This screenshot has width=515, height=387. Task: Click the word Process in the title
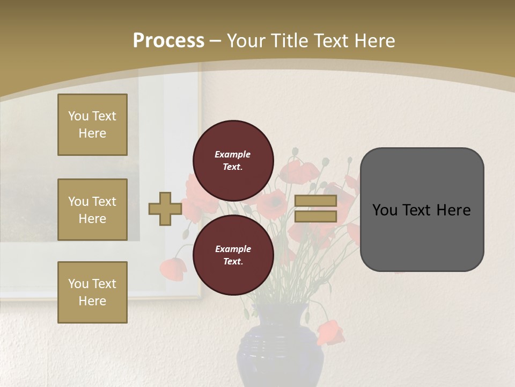tap(168, 40)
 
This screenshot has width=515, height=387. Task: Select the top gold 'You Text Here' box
tap(92, 125)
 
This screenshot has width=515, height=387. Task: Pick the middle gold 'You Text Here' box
tap(92, 210)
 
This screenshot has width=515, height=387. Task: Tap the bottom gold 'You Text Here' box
tap(92, 292)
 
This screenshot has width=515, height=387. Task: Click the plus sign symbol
tap(165, 209)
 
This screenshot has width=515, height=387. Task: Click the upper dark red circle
tap(233, 160)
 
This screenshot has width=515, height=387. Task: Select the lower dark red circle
tap(233, 255)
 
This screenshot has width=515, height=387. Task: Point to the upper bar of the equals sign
tap(315, 201)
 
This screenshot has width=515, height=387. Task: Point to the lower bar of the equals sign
tap(315, 217)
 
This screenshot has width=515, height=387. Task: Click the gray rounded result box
tap(422, 209)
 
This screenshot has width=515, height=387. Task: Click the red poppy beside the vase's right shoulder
tap(330, 332)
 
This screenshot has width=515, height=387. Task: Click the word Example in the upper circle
tap(232, 154)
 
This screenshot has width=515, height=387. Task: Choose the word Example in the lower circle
tap(233, 249)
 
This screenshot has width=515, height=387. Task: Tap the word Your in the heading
tap(246, 40)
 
